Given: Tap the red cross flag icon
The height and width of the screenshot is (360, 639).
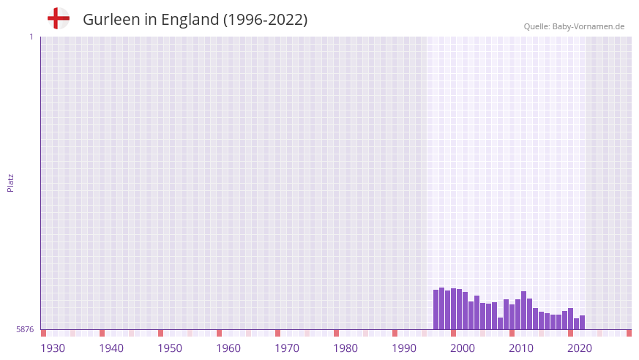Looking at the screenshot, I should [59, 18].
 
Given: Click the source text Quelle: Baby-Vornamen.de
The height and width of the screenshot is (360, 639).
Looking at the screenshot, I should [574, 26].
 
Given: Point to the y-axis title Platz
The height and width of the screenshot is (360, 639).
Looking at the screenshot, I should [10, 182].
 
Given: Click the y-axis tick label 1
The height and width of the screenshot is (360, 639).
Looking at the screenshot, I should [31, 37].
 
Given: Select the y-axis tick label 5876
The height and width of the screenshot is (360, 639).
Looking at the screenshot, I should [25, 330].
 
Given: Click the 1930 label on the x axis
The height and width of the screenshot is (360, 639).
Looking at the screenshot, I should [53, 348].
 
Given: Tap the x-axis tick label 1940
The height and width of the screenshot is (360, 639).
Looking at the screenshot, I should [111, 348].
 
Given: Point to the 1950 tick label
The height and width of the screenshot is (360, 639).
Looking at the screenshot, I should [170, 348].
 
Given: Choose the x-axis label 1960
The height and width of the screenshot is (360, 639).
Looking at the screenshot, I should [228, 348].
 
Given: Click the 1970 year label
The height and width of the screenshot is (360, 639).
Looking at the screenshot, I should [287, 348].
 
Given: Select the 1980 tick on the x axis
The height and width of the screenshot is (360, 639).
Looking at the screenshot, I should [345, 348].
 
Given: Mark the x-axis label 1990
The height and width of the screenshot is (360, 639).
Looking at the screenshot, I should [404, 348].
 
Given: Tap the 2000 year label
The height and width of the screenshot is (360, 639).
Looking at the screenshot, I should [463, 348].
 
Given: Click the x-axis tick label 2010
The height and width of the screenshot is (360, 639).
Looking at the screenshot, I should [521, 348].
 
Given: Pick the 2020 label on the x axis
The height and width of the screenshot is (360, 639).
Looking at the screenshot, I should [580, 348].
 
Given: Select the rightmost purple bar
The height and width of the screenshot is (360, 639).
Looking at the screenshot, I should [582, 323].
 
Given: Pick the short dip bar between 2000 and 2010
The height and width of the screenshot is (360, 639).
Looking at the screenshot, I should [501, 323].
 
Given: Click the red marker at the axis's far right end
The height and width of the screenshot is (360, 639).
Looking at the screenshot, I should [629, 333].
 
